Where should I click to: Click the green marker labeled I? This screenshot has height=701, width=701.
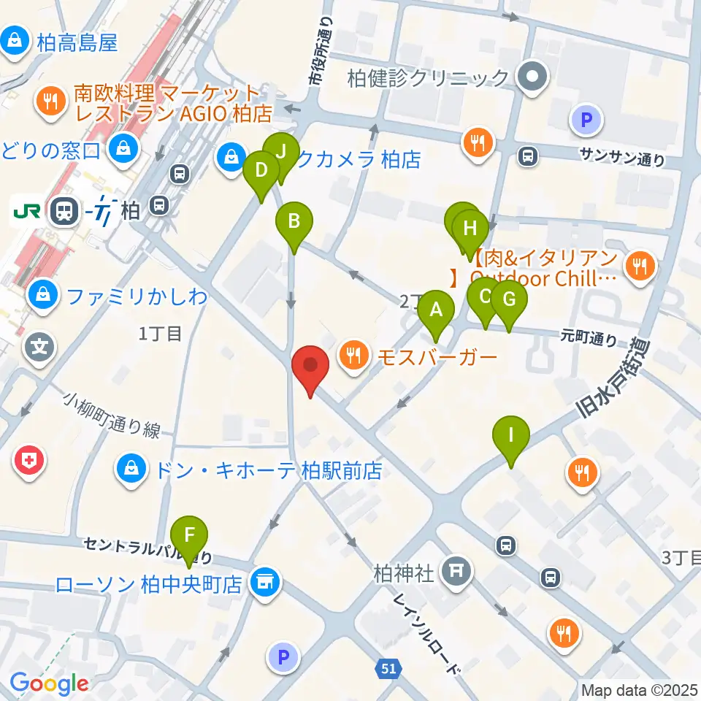click(511, 437)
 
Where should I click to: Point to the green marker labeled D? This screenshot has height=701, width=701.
click(261, 172)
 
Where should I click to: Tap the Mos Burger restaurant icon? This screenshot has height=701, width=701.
click(354, 356)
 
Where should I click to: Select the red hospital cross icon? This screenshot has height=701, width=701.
click(29, 461)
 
